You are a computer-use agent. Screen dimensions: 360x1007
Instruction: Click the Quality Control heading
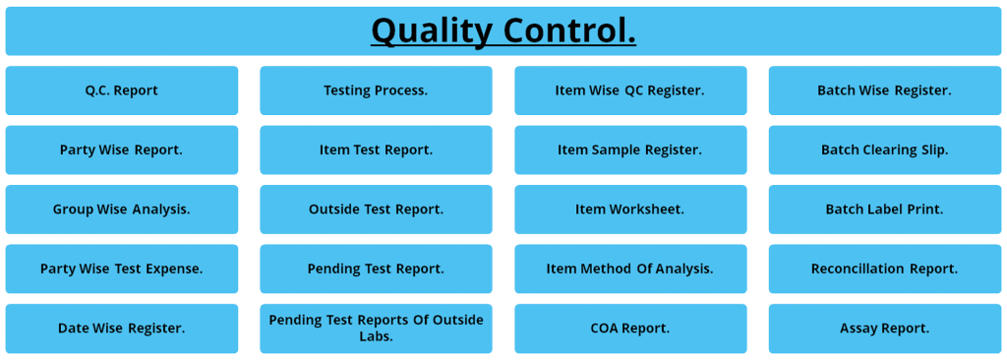[x=503, y=30]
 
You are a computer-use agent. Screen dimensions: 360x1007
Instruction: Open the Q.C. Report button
[x=122, y=90]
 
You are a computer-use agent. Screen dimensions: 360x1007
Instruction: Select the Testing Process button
[x=376, y=90]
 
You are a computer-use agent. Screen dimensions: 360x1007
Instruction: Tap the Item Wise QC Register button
[x=630, y=90]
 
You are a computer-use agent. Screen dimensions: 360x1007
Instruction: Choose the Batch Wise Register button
[x=884, y=90]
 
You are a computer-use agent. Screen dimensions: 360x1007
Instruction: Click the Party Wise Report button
[x=122, y=150]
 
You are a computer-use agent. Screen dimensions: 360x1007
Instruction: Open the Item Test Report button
[x=376, y=150]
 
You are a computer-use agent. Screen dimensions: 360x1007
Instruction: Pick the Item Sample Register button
[x=630, y=150]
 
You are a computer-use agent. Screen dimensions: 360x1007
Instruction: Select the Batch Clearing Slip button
[x=884, y=150]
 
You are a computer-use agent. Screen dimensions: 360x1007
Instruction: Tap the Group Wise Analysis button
[x=122, y=210]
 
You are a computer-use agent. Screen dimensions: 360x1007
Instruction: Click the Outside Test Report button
[x=376, y=210]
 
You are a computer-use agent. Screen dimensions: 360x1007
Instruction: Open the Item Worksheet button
[x=630, y=210]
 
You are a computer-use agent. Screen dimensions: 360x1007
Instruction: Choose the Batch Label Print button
[x=884, y=210]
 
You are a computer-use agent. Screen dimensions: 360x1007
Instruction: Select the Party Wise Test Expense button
[x=122, y=269]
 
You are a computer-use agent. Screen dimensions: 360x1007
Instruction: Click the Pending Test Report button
[x=376, y=269]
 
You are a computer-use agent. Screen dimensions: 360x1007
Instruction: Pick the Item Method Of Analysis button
[x=630, y=269]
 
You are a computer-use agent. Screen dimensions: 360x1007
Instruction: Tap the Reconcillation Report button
[x=884, y=269]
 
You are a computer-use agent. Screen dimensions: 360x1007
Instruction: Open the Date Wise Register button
[x=122, y=329]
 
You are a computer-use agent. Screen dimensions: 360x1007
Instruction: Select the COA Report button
[x=630, y=329]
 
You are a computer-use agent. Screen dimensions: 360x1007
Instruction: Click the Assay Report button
[x=884, y=329]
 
